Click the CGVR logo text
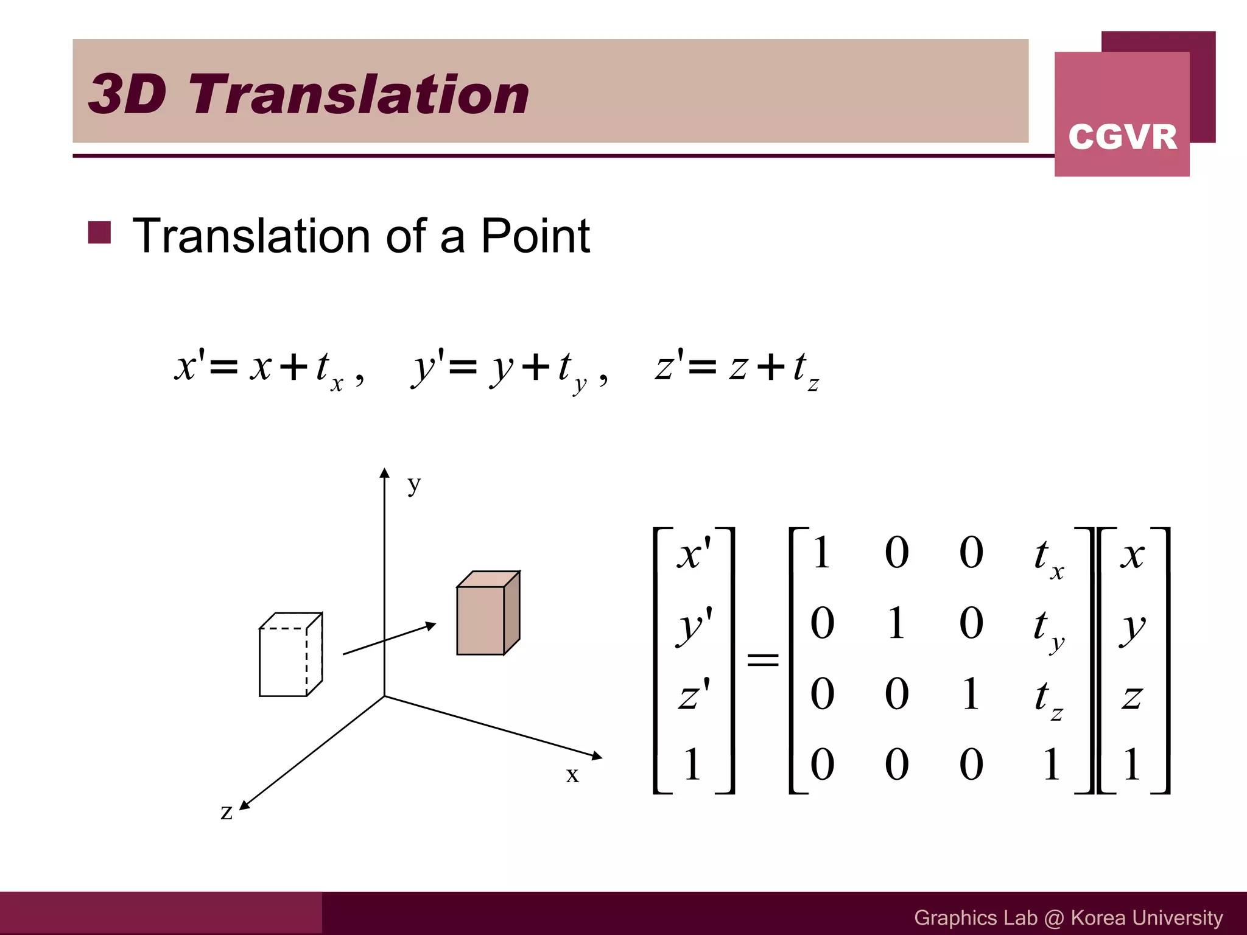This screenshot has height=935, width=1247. coord(1122,137)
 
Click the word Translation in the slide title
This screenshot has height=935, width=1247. coord(359,94)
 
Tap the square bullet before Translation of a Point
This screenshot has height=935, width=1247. coord(99,233)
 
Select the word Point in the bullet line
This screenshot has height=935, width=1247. coord(535,236)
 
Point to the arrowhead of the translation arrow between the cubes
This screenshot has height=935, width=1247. coord(430,625)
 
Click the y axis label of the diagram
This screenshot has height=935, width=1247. coord(414,485)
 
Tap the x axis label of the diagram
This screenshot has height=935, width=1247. coord(572,775)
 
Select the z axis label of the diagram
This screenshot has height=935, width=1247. coord(227,811)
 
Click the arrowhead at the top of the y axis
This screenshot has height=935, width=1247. coord(384,473)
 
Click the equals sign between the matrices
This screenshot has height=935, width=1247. coord(762,659)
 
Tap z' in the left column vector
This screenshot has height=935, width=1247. coord(694,695)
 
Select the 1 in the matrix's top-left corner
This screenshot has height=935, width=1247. coord(821,553)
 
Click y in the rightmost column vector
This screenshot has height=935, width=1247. coord(1133,627)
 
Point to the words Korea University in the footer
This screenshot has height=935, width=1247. coord(1147,917)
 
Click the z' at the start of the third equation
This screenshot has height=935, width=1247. coord(669,366)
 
